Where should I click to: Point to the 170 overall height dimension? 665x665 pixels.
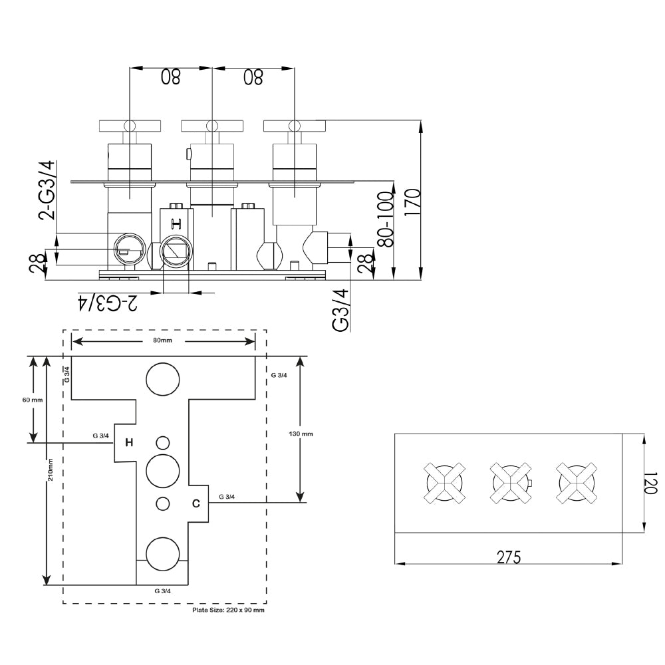[412, 200]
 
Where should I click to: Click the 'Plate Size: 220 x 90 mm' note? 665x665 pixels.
[228, 610]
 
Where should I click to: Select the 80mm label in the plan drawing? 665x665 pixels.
[163, 340]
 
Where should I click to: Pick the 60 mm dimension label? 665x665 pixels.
[32, 400]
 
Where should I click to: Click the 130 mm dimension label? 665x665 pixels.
[301, 434]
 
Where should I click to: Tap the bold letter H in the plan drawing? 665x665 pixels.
[130, 442]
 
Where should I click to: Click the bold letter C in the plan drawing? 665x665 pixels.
[196, 503]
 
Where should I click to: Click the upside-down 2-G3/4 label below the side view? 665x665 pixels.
[108, 303]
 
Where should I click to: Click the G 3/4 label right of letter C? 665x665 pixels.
[226, 496]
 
